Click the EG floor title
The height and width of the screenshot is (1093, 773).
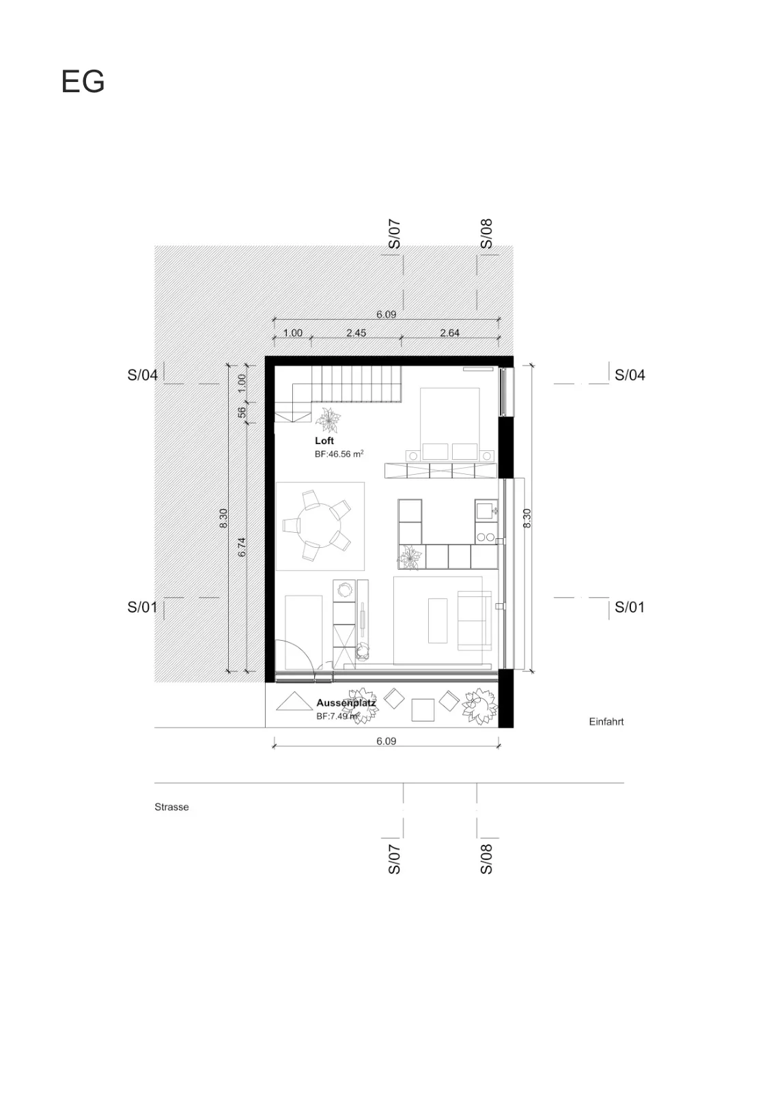coord(83,81)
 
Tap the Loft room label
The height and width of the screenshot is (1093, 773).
coord(324,441)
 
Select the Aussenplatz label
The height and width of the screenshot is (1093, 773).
coord(346,703)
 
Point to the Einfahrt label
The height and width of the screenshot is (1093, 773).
coord(606,721)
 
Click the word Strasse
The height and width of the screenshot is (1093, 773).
coord(171,807)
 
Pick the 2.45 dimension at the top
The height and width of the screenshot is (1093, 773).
coord(356,333)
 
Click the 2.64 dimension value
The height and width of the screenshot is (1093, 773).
coord(449,333)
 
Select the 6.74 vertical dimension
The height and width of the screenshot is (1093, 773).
coord(242,547)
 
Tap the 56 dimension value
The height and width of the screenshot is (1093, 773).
coord(242,413)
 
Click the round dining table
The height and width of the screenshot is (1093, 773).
coord(320,525)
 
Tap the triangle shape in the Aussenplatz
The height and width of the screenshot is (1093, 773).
coord(294,703)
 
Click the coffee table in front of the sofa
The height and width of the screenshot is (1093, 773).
coord(438,621)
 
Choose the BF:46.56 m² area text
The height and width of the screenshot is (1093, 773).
coord(339,454)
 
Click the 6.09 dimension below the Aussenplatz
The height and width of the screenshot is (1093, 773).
coord(386,741)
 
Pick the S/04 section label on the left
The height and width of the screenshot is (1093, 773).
coord(143,375)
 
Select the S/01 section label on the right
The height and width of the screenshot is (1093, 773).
coord(630,607)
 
